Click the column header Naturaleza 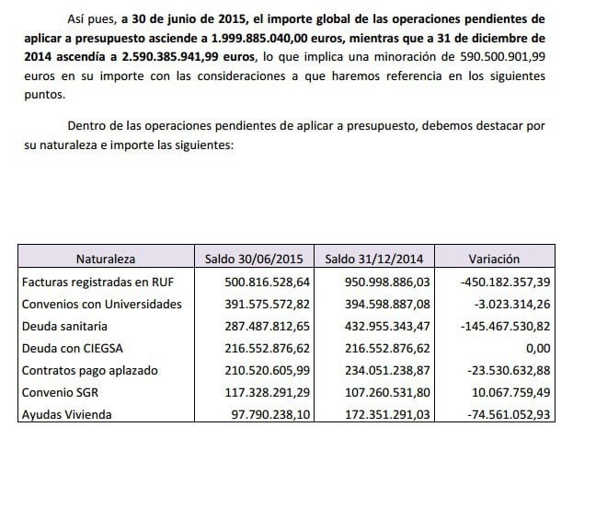tap(106, 260)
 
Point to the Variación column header tap(494, 260)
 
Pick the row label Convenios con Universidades tap(101, 303)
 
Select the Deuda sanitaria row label tap(65, 325)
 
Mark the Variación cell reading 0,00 tap(535, 347)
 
